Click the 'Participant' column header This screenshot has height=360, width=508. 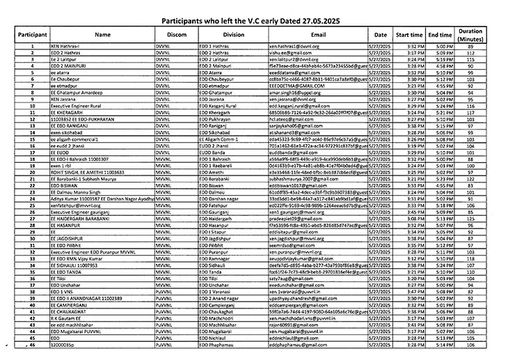point(33,34)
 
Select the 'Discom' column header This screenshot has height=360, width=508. point(177,34)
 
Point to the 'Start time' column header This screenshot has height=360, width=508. point(409,34)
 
